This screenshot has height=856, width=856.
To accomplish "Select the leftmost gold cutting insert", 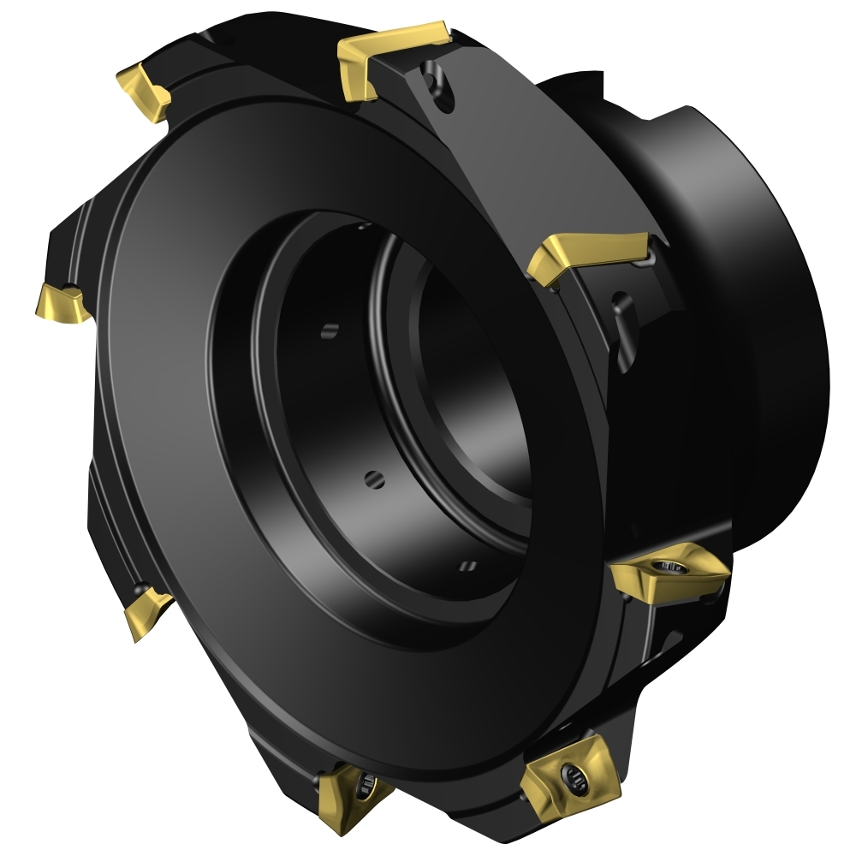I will tap(62, 300).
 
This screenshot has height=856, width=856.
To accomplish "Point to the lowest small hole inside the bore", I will tap(467, 564).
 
